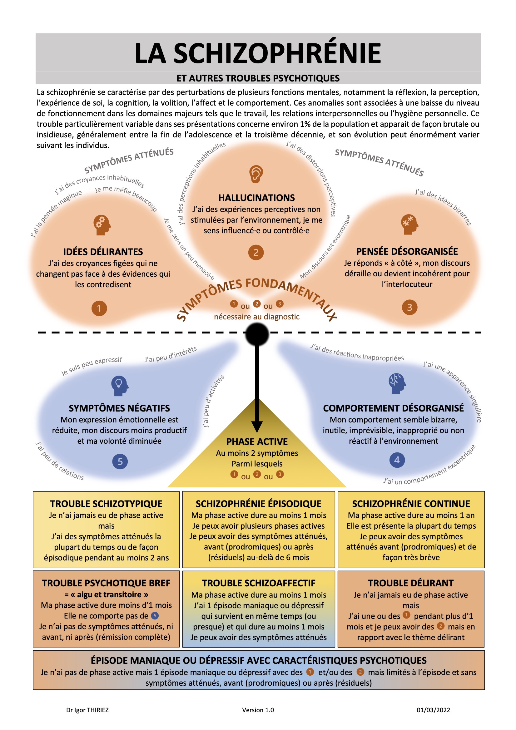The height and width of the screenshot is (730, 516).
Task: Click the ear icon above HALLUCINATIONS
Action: point(256,174)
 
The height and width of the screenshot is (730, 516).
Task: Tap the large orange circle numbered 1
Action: point(99,308)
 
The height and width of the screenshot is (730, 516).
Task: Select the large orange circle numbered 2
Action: point(256,253)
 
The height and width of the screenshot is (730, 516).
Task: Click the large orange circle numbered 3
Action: point(410,307)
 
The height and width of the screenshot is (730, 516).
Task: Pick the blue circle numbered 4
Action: point(397,460)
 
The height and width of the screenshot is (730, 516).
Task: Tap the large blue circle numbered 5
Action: point(120,461)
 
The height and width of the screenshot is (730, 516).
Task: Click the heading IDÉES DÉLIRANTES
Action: point(103,252)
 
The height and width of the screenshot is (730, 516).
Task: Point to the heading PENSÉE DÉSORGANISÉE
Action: point(407,251)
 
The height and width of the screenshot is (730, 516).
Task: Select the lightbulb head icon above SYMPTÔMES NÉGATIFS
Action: point(120,386)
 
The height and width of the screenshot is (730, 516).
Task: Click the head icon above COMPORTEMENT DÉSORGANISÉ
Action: point(397,383)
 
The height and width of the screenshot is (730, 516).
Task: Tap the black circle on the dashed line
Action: point(257,334)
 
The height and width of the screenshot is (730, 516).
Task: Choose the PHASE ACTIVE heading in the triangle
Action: point(257,441)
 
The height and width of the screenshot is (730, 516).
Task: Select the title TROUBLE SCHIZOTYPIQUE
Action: point(106,504)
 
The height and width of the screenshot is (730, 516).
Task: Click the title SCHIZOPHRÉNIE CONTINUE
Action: point(411,504)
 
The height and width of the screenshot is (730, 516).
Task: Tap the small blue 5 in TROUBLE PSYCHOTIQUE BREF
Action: point(155,616)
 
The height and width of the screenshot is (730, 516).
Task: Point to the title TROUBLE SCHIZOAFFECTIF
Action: point(259,583)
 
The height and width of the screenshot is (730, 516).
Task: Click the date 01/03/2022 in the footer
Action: point(433,710)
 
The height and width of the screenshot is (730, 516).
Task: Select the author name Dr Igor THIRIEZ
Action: point(87,710)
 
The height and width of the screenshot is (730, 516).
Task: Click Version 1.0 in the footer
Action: point(258,710)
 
